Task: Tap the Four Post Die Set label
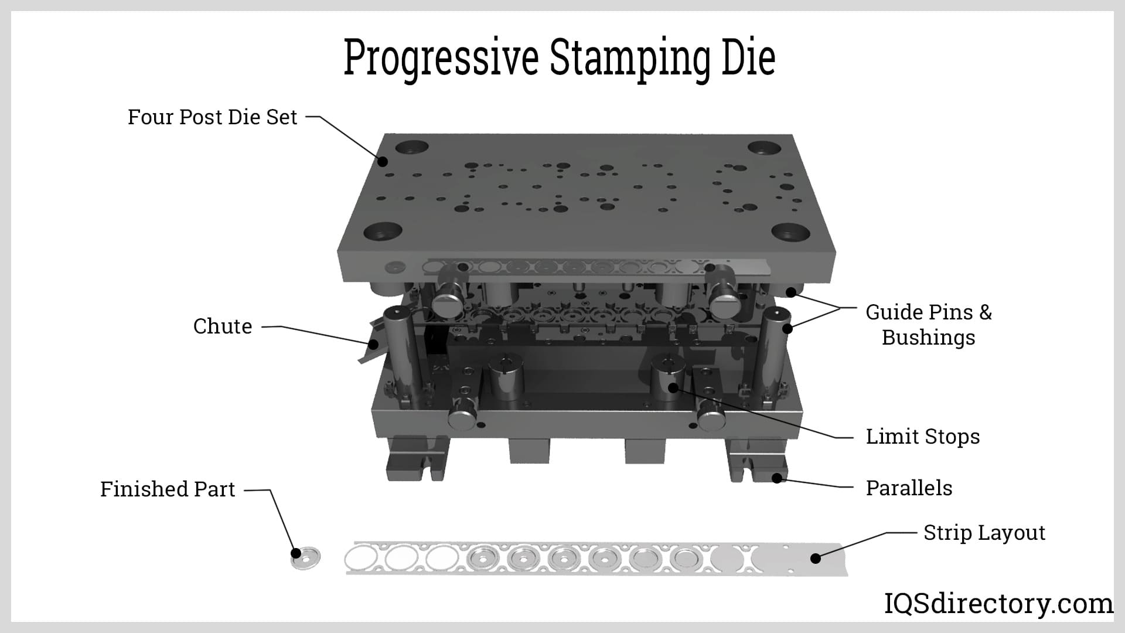click(213, 117)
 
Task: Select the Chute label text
click(223, 326)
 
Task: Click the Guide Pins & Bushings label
click(929, 325)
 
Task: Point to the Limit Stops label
click(923, 437)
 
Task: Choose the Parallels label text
click(909, 488)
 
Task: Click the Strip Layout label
click(984, 533)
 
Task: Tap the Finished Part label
click(168, 489)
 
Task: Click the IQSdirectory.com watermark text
click(998, 604)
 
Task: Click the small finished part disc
click(306, 557)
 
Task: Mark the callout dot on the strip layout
click(815, 559)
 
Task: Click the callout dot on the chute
click(373, 344)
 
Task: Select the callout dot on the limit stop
click(673, 387)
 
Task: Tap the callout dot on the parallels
click(777, 478)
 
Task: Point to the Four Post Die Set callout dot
click(383, 161)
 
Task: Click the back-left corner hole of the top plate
click(412, 147)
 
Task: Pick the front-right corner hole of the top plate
click(790, 232)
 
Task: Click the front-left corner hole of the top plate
click(383, 232)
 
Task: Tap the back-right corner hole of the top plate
click(764, 148)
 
